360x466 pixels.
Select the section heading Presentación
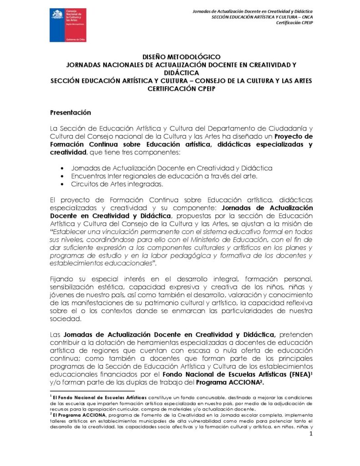pyautogui.click(x=71, y=112)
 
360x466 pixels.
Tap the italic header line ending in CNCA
pyautogui.click(x=262, y=17)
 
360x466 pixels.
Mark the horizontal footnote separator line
pyautogui.click(x=92, y=390)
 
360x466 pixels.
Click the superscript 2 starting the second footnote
pyautogui.click(x=51, y=414)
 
